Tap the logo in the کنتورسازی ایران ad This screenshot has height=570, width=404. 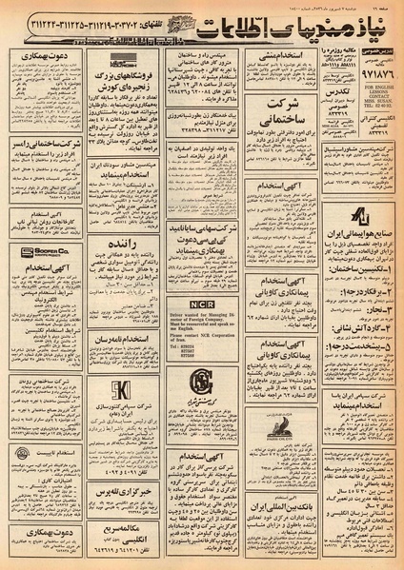[x=120, y=387]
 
